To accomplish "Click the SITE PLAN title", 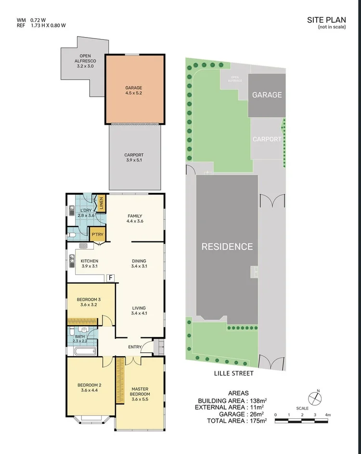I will (x=326, y=20).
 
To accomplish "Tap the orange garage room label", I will (x=134, y=90).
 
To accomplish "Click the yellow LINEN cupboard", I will (x=101, y=203).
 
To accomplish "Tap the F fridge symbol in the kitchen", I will (x=110, y=278).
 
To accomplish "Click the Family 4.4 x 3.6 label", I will (x=135, y=218).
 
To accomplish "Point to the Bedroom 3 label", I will (x=89, y=302).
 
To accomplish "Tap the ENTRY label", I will (x=135, y=347).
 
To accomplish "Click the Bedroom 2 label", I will (x=90, y=387).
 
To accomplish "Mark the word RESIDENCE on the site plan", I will (x=227, y=247).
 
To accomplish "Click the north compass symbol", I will (x=315, y=398).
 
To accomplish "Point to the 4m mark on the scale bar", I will (x=327, y=414).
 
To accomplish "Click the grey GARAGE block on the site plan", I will (x=267, y=95).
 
